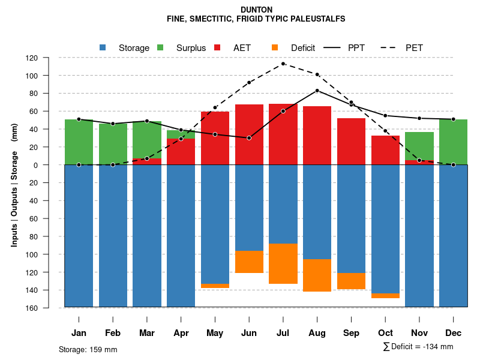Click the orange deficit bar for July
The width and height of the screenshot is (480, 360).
[x=283, y=263]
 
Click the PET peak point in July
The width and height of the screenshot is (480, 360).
[x=283, y=64]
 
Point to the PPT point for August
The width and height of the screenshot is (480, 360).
[x=317, y=91]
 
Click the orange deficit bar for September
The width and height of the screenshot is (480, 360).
[x=352, y=281]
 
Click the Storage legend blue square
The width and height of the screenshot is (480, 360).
[x=103, y=47]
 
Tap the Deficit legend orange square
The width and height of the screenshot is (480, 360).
[x=275, y=47]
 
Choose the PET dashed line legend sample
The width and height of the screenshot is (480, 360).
[x=390, y=47]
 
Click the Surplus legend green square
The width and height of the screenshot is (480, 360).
[x=160, y=47]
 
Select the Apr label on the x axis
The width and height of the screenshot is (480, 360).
[x=181, y=333]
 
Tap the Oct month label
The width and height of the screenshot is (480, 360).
[x=386, y=333]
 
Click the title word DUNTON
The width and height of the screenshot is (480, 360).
[x=256, y=10]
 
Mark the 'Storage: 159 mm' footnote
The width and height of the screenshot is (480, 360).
[x=88, y=349]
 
